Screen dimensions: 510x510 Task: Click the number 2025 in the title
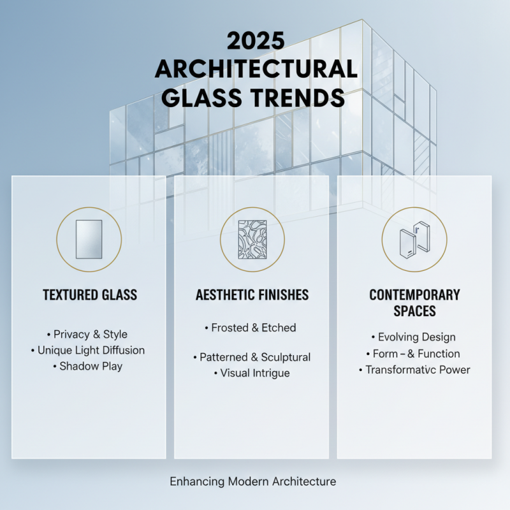[255, 41]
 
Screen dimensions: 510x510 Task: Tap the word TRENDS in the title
[300, 98]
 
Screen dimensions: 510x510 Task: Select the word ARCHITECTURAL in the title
[255, 69]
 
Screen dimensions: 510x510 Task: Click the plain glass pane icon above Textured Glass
[89, 239]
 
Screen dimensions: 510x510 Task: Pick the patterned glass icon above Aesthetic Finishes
[252, 239]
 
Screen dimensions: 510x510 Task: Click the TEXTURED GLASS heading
[90, 295]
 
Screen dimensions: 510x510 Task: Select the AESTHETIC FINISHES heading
[252, 295]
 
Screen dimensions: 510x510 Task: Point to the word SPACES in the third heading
[414, 311]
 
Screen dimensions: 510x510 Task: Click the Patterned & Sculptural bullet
[252, 357]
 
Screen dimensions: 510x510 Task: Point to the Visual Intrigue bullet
[252, 373]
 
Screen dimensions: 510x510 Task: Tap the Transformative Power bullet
[414, 370]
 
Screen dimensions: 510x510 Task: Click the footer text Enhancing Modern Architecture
[252, 481]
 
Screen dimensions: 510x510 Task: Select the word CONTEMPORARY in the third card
[414, 295]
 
